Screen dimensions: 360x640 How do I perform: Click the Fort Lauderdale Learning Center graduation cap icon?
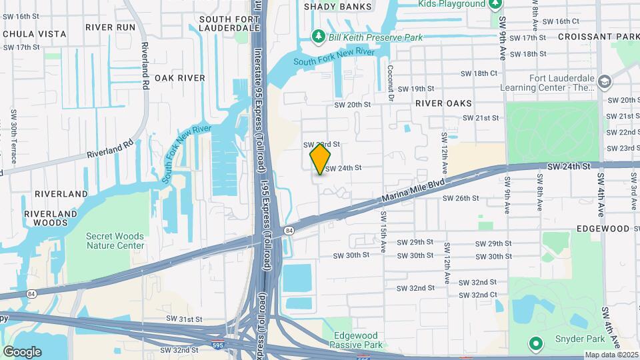[x=605, y=81]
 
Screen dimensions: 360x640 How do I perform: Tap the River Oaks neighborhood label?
[x=443, y=103]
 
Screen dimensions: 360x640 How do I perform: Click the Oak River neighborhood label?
[x=180, y=78]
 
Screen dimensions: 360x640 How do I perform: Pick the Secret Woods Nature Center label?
[x=115, y=241]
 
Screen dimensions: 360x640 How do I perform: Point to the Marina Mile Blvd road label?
[x=413, y=193]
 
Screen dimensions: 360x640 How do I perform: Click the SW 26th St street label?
[x=462, y=198]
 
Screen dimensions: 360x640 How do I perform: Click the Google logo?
[x=22, y=351]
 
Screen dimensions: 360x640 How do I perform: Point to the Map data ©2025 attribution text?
[x=611, y=355]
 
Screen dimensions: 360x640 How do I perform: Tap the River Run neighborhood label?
[x=111, y=27]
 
